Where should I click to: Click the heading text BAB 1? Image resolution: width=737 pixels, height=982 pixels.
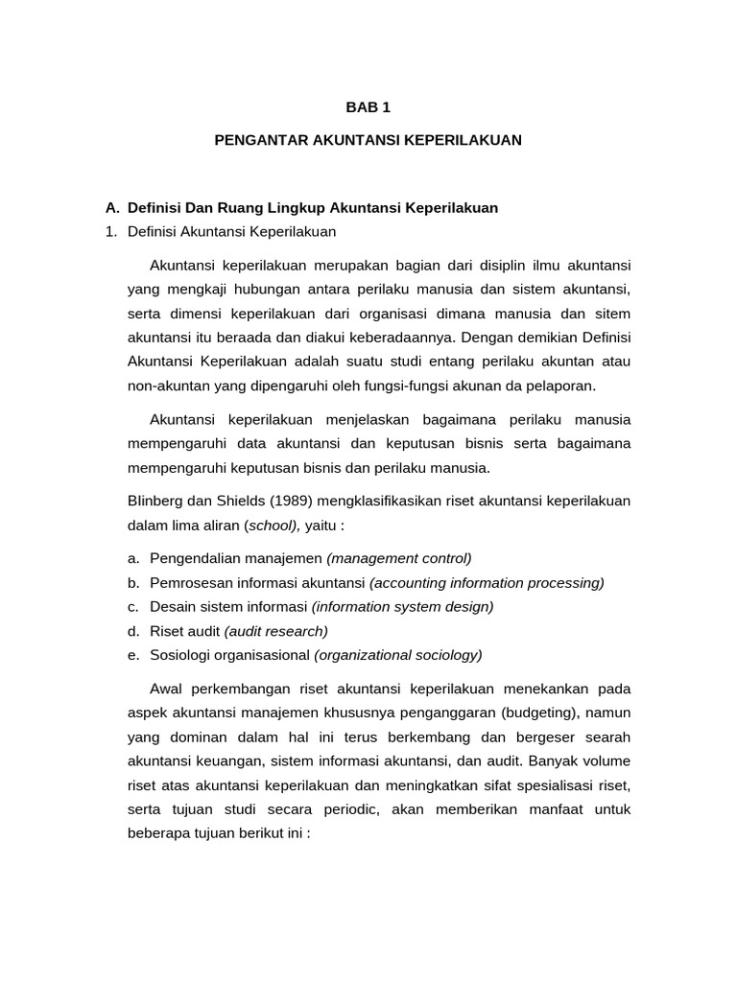(x=368, y=108)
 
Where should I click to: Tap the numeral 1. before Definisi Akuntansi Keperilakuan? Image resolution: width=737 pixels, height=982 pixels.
(x=111, y=231)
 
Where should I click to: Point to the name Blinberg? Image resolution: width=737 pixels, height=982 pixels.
(x=156, y=501)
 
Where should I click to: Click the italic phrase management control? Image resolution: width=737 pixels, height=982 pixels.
(x=400, y=558)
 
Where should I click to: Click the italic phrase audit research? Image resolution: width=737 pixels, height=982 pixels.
(x=276, y=631)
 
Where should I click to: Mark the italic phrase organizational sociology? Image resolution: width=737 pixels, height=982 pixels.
(x=398, y=655)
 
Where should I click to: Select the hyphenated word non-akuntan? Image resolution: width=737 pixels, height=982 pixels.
(x=166, y=386)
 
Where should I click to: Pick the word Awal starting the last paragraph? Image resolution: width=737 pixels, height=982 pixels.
(x=169, y=689)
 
